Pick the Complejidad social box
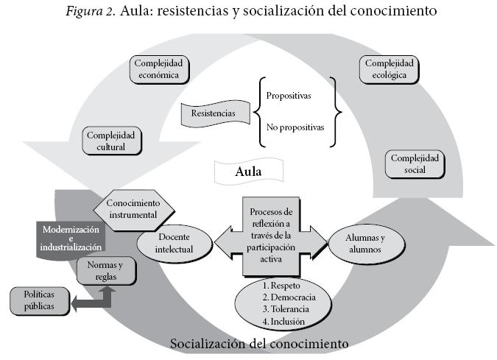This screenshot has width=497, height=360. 415,164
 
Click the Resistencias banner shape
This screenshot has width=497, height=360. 214,114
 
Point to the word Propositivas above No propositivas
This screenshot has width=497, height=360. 290,96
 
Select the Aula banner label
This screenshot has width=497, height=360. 249,172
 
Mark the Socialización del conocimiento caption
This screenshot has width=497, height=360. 258,344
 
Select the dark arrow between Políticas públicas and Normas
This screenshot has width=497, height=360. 88,300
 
